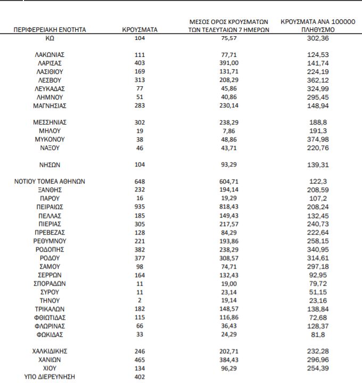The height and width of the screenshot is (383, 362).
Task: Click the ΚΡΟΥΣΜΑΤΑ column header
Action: pos(139,30)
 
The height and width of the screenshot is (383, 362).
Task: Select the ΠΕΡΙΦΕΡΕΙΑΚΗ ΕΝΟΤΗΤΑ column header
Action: pos(50,30)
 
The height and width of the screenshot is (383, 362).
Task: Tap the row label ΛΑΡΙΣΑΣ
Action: pos(50,63)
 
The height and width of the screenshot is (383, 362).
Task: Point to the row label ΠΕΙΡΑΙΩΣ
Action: pos(50,206)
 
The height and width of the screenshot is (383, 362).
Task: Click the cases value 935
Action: pos(139,206)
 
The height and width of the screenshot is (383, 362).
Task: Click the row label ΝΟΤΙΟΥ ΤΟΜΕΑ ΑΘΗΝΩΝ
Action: pos(50,181)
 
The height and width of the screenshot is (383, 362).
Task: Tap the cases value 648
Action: pos(139,181)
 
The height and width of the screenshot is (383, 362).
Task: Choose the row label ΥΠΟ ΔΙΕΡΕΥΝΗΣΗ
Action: pos(50,377)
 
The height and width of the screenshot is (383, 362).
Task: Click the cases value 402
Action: pos(139,377)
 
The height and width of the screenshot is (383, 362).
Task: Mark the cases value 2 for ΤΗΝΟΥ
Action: pos(139,300)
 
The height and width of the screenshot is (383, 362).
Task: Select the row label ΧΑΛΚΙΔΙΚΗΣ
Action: pos(50,351)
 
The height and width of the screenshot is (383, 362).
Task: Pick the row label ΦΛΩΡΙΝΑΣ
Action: pos(50,326)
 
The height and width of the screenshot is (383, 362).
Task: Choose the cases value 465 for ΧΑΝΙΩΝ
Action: pos(139,360)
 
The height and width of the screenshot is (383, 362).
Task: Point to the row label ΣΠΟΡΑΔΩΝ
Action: pos(50,283)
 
